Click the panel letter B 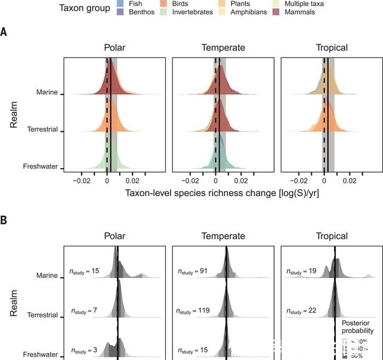click(x=4, y=220)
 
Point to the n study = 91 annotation click(x=192, y=271)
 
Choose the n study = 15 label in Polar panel click(x=83, y=271)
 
